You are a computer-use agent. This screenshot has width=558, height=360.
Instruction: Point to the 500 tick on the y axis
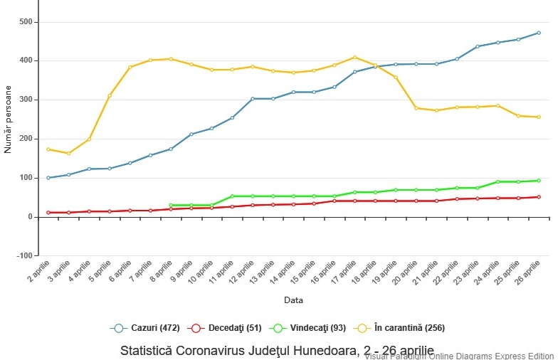(26, 22)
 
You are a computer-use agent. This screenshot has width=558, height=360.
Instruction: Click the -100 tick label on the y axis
(24, 255)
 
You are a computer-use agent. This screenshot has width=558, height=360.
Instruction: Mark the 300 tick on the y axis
(26, 100)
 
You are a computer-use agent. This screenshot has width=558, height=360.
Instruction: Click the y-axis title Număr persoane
(9, 120)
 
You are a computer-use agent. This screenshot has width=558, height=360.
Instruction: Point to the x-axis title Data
(293, 300)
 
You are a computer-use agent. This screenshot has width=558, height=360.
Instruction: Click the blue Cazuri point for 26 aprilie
(539, 33)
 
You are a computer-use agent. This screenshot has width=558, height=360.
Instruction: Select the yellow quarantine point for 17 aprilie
(355, 58)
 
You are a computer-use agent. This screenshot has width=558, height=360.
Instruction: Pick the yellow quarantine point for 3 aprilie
(68, 153)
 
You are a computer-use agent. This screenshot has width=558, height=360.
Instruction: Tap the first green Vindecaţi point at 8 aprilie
(171, 206)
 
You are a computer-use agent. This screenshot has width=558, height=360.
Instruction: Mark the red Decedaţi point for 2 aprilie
(48, 212)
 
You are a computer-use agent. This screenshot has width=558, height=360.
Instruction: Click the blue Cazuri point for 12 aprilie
(253, 99)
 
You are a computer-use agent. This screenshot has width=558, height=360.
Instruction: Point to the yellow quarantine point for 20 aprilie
(416, 108)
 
